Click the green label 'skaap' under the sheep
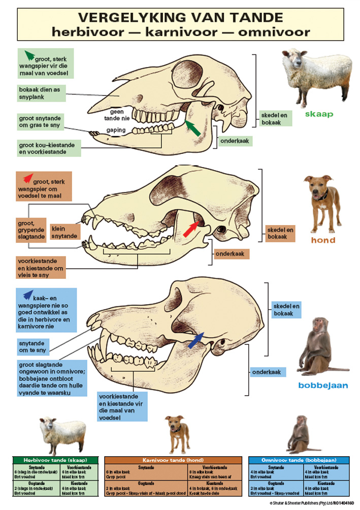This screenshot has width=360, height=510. point(319,114)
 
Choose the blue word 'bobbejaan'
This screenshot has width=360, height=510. point(323,386)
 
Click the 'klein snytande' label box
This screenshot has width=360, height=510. point(64,233)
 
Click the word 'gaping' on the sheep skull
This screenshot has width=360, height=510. point(116,131)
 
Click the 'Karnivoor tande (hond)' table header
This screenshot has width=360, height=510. point(173,460)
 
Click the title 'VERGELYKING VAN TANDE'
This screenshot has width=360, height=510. point(180,18)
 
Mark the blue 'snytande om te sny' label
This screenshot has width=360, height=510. point(36,347)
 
